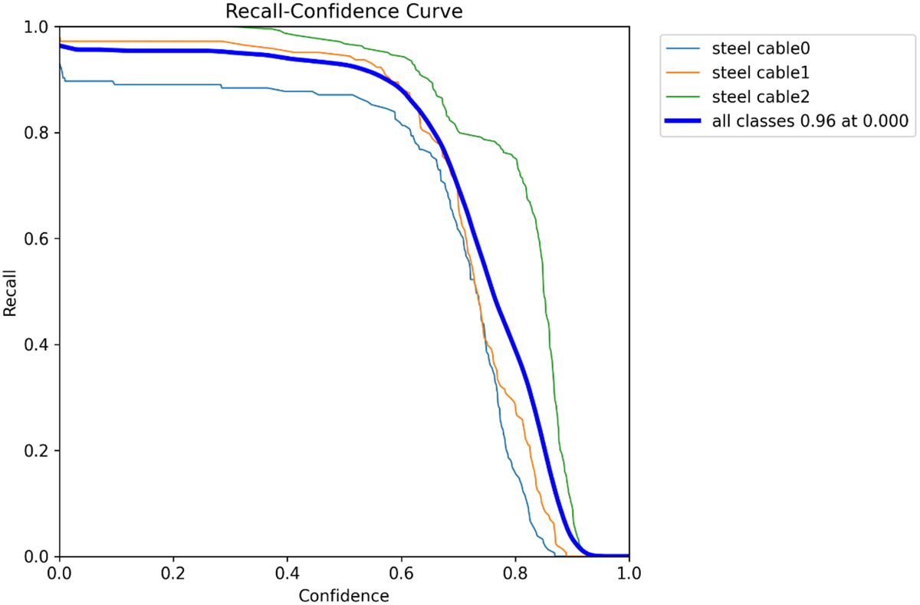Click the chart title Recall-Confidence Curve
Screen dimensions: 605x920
343,12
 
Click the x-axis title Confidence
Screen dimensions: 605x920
343,595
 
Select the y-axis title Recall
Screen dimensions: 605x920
11,292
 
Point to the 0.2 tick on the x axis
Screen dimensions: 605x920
173,573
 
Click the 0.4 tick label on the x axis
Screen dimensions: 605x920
287,573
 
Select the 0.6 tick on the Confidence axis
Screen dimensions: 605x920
401,573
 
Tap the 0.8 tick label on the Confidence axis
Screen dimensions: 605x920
515,573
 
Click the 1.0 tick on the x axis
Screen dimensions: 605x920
629,573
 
